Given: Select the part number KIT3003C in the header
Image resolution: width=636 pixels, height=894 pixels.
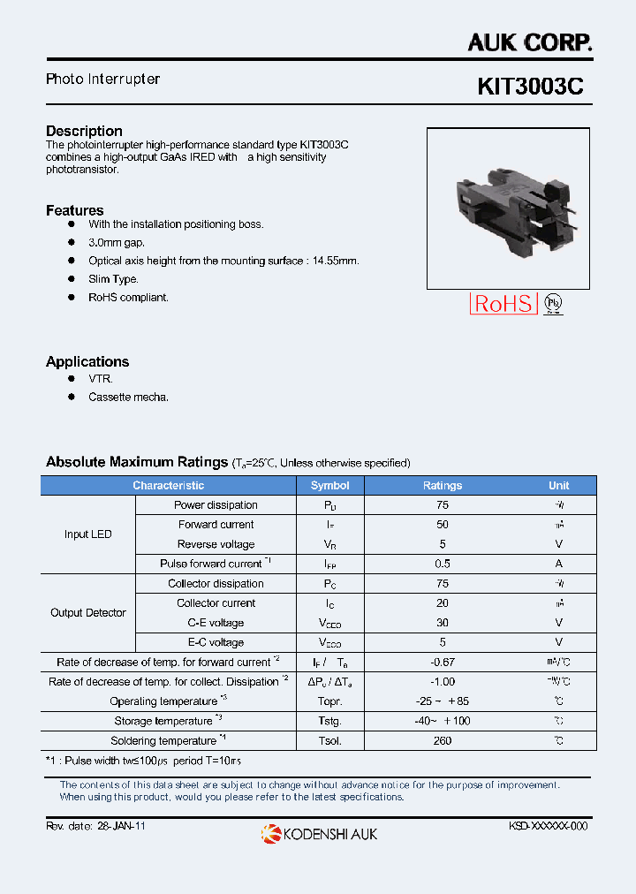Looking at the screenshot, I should (x=530, y=87).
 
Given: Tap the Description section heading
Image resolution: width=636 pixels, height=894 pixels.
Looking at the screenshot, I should (x=84, y=131).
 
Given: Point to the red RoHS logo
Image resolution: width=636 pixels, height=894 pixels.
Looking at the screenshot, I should (x=503, y=304).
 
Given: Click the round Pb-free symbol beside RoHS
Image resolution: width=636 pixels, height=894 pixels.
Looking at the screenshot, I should (x=553, y=304).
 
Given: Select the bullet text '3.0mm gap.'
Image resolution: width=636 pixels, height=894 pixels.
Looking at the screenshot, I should (x=117, y=242).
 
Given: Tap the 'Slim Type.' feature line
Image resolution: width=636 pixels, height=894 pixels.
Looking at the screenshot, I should (x=113, y=279).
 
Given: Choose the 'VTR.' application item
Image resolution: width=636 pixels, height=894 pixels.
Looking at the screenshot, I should (x=101, y=378).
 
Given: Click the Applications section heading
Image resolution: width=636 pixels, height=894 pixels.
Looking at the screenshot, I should (x=87, y=361).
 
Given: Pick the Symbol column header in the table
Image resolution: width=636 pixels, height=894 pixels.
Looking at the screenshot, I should (x=329, y=485).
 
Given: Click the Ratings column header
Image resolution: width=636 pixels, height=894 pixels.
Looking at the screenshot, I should (x=443, y=485).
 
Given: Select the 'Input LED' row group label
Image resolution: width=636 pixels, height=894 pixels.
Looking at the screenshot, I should (x=88, y=534).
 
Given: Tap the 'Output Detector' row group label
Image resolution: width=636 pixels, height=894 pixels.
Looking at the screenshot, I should (x=88, y=613).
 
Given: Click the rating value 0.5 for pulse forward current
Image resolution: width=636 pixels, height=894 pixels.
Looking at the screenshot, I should (x=443, y=564).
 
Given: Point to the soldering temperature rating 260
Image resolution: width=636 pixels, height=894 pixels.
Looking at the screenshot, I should (x=443, y=741).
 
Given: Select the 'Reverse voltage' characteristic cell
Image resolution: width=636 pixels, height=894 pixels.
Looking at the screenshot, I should (x=216, y=544).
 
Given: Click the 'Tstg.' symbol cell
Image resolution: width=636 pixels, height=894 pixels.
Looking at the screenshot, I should (x=329, y=721).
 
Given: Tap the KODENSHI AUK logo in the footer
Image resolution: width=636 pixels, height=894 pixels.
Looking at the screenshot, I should (x=319, y=833).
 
